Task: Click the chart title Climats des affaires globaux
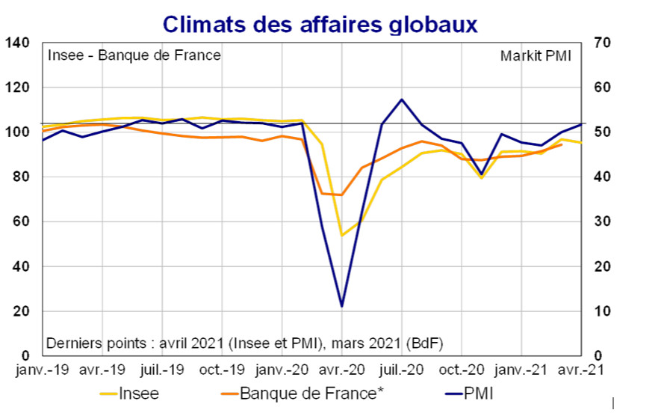point(320,24)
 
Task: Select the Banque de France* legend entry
point(307,393)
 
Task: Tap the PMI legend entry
point(478,393)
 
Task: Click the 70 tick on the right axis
point(602,43)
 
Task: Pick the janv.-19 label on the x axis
point(43,370)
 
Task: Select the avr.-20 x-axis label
point(343,370)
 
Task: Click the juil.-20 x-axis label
point(403,370)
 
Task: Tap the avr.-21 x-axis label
point(582,370)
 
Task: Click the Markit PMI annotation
point(536,56)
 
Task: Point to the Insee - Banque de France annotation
point(134,56)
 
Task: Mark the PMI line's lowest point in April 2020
point(342,306)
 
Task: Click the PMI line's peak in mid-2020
point(402,99)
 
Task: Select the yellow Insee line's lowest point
point(342,236)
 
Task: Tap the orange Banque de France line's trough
point(342,195)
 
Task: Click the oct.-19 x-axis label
point(223,370)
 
